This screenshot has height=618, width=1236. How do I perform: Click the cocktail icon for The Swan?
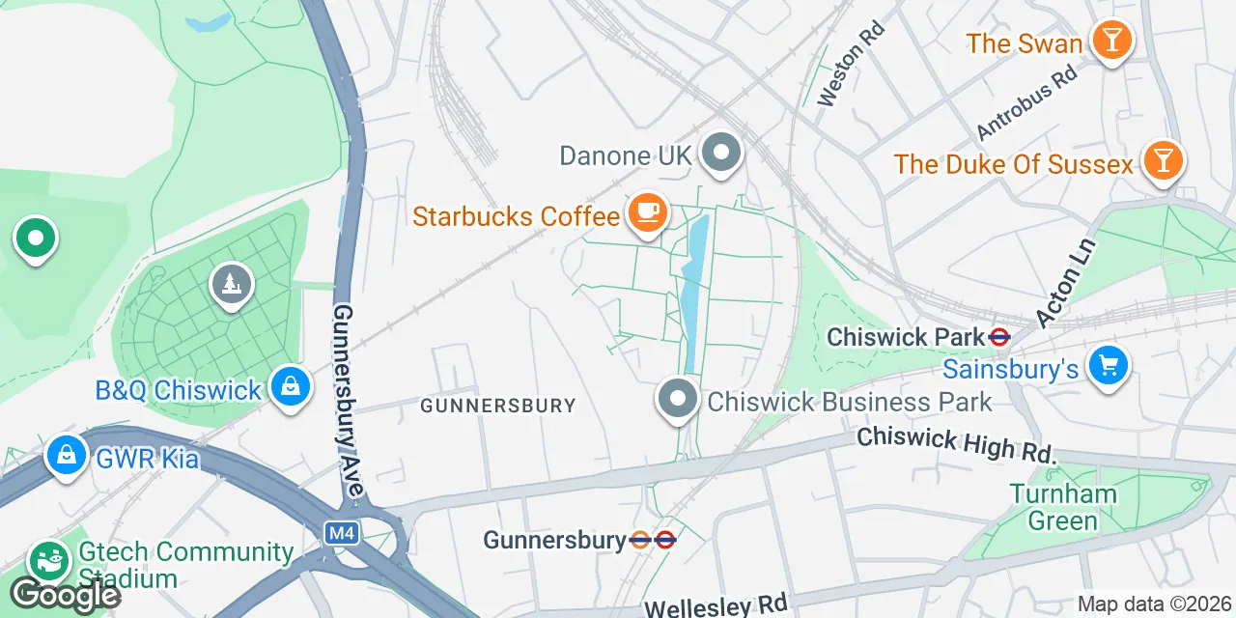click(1111, 42)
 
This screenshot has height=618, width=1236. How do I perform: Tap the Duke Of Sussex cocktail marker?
click(1163, 161)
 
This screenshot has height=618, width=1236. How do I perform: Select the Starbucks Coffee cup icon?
click(647, 213)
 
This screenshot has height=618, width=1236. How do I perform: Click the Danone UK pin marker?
click(720, 154)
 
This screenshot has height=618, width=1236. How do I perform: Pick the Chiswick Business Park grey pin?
click(678, 399)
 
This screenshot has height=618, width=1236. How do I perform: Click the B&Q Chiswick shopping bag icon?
click(289, 388)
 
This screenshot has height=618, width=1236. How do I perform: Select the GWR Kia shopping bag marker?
click(66, 456)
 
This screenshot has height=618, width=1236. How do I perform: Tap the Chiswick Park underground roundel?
click(998, 337)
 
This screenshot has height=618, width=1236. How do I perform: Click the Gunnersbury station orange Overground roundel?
click(640, 540)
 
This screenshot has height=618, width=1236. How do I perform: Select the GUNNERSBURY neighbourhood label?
click(497, 406)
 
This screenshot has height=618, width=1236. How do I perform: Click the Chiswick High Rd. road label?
click(956, 443)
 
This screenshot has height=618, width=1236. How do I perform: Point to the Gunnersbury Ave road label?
click(348, 401)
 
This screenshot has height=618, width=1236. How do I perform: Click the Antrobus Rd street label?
click(1026, 103)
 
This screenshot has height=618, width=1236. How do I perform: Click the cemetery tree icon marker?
click(231, 285)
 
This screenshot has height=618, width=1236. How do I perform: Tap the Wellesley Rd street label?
click(716, 605)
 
